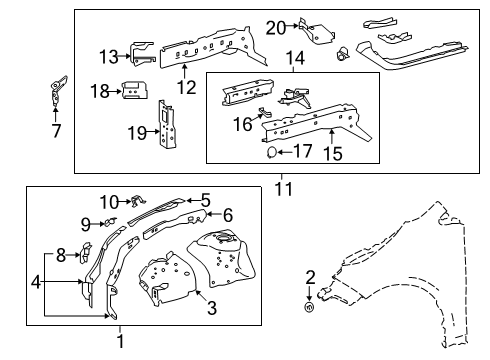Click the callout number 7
[x=56, y=129]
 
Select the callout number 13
[x=109, y=56]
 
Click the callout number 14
[x=295, y=59]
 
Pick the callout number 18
[x=101, y=91]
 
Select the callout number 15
[x=334, y=152]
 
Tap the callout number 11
[x=285, y=185]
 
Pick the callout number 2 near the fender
[x=310, y=276]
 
